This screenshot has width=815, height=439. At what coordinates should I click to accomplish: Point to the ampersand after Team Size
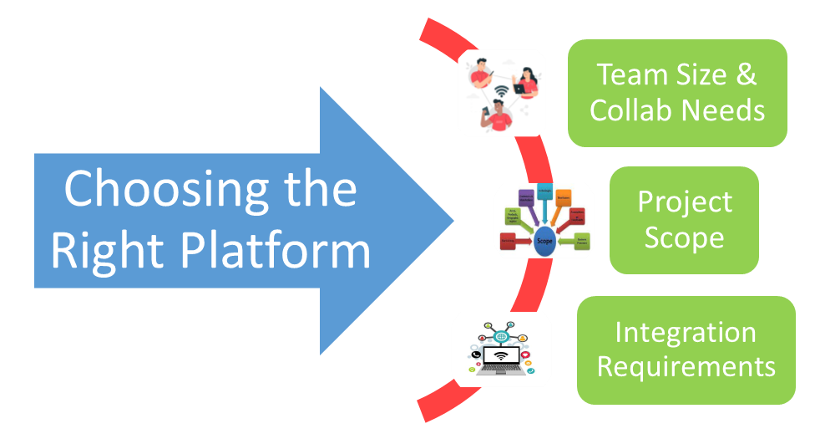tap(745, 75)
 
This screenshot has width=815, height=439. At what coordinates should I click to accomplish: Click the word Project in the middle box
tap(684, 202)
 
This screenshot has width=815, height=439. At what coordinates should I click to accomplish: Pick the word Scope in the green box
tap(684, 238)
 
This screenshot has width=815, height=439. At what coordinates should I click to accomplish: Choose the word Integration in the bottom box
tap(686, 332)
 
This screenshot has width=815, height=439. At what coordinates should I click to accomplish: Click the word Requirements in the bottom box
tap(686, 366)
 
